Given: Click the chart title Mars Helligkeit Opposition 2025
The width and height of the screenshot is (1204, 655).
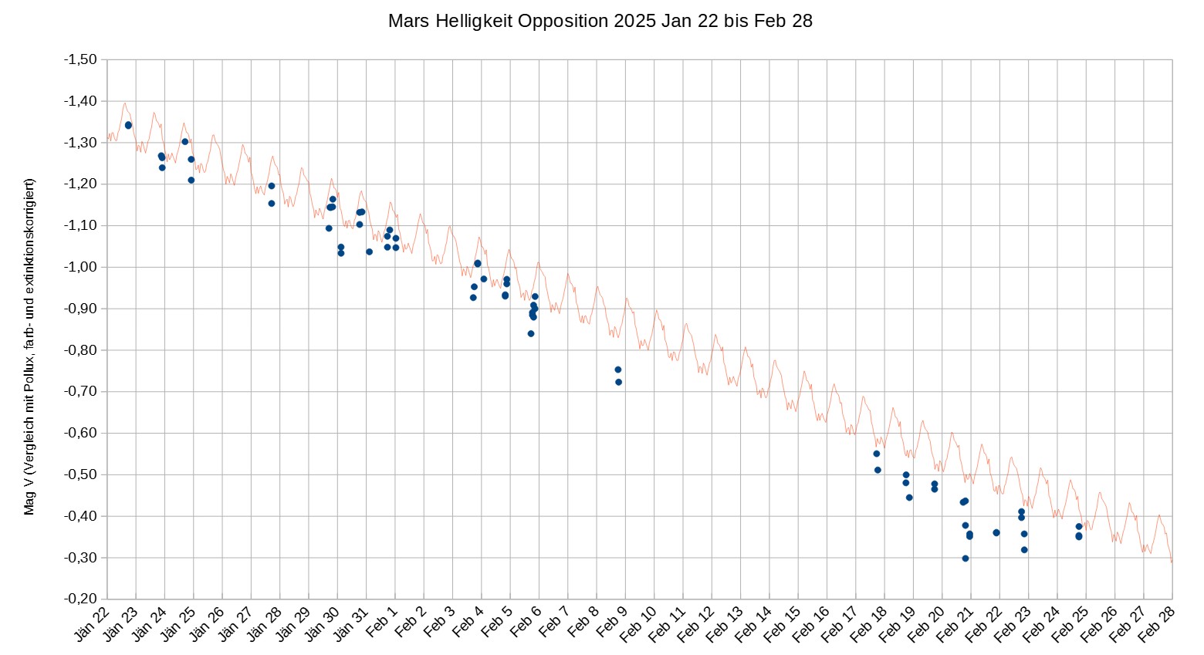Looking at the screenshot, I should [x=600, y=21].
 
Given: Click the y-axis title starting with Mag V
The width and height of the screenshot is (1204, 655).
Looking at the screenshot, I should [x=29, y=346].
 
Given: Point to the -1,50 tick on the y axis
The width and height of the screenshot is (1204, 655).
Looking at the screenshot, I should [x=79, y=59].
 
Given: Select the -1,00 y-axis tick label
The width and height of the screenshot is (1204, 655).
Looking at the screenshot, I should [x=79, y=267].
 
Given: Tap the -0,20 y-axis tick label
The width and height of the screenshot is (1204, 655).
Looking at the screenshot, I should [x=79, y=599].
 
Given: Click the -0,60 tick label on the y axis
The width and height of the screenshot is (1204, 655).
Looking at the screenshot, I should [x=79, y=433].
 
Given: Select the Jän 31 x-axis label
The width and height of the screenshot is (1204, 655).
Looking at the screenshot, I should [x=351, y=623].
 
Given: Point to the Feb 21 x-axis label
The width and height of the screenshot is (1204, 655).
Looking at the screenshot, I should [x=955, y=623].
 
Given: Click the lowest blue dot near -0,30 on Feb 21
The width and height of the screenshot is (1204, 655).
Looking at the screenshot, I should [x=965, y=559].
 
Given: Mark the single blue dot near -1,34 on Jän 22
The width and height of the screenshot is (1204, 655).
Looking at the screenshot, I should [x=128, y=125].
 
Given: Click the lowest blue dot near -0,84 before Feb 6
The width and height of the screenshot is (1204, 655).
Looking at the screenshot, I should [x=531, y=333].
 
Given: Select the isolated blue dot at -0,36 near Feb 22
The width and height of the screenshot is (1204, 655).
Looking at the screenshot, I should [x=996, y=532].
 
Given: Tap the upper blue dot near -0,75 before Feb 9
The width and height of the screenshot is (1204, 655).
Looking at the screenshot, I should [x=617, y=370].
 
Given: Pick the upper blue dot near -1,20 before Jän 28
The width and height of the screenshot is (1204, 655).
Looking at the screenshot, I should [x=272, y=186].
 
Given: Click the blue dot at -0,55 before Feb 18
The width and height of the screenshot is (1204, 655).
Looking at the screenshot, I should [x=877, y=454].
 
